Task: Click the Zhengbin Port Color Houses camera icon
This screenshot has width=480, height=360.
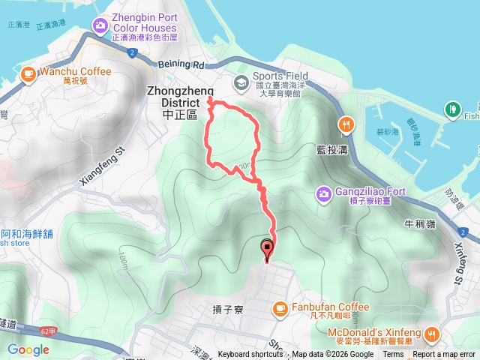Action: (100, 28)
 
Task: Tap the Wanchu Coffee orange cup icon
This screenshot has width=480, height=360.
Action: (28, 73)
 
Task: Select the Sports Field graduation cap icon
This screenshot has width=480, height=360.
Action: (241, 82)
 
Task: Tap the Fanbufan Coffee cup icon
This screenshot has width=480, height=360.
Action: (280, 307)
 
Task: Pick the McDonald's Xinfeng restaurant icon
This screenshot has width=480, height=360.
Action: (432, 334)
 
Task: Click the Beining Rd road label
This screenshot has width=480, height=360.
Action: (184, 65)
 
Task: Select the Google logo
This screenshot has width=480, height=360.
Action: (28, 349)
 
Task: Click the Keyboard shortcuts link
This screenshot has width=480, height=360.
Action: (250, 355)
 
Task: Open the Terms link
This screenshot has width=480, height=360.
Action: (392, 355)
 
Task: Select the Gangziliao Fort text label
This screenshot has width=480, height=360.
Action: (370, 192)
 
